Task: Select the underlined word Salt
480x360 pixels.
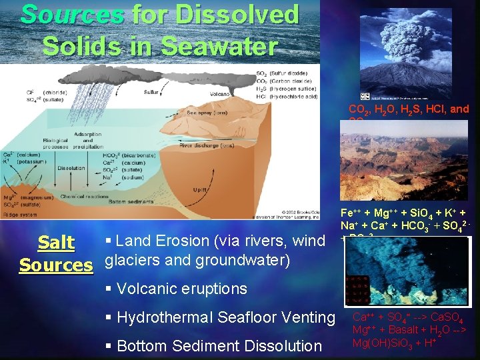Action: tap(57, 243)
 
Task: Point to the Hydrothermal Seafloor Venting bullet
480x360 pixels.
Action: tap(220, 317)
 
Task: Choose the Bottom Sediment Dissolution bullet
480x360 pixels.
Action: tap(214, 345)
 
